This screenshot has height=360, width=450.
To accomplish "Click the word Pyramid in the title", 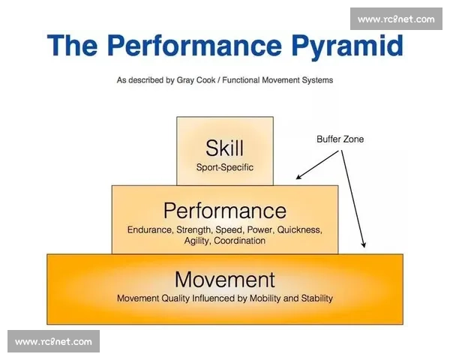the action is point(348,46).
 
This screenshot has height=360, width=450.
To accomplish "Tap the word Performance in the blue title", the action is point(195,45).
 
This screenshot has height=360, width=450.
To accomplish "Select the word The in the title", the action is point(72,45).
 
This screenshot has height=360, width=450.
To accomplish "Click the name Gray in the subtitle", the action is point(185,80).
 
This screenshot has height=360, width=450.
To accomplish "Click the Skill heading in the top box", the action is point(225,148).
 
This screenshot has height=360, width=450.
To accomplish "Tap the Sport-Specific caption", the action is point(225,167).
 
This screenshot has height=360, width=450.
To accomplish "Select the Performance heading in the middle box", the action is point(225,211).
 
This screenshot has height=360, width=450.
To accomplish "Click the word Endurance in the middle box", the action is point(149,230).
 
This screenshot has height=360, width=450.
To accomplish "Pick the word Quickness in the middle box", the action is point(299,230).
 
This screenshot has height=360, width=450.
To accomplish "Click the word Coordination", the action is point(240,241).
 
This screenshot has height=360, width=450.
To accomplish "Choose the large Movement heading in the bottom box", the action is point(225,280).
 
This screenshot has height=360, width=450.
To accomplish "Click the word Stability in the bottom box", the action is point(316,298).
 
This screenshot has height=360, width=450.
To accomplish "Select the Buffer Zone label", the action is point(340,139).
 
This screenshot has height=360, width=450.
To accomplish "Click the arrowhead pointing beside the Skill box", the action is point(298,177).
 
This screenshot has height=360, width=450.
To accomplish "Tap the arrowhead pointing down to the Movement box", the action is point(364,244).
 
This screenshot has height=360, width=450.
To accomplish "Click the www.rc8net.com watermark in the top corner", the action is point(396,19).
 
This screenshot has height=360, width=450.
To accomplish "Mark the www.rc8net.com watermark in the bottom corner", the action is point(53,342).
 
